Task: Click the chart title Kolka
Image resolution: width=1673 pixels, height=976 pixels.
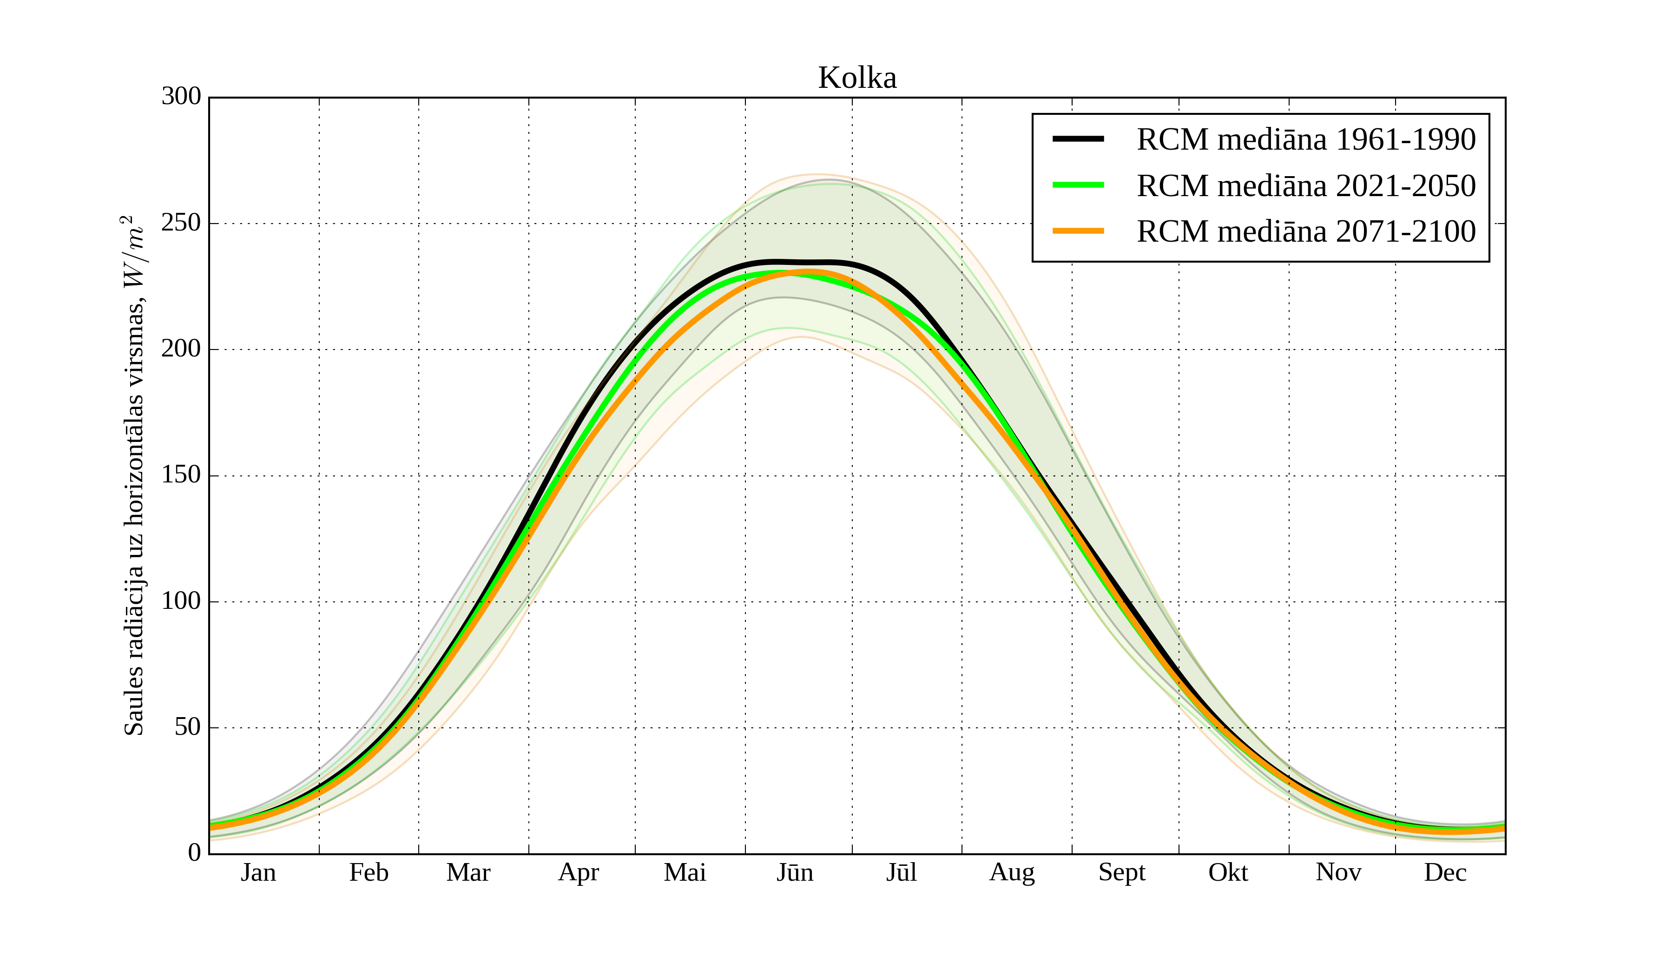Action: click(857, 79)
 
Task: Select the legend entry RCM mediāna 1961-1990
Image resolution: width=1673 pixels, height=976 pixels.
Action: click(1306, 139)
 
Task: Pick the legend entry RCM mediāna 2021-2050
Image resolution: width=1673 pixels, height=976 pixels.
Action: click(1306, 186)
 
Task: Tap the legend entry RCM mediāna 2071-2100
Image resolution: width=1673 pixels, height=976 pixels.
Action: click(1306, 232)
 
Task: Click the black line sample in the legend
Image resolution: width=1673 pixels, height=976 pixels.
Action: click(1078, 139)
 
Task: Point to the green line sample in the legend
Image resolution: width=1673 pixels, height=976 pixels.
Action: click(1078, 185)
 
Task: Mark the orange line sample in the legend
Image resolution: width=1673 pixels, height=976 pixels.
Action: click(1078, 231)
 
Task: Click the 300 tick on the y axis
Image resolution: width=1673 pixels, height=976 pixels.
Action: click(181, 97)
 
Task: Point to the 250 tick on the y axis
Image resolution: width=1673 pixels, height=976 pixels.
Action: click(181, 223)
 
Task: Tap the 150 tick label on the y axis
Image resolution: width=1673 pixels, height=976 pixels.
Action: click(181, 475)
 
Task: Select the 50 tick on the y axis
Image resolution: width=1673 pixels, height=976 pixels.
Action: click(188, 728)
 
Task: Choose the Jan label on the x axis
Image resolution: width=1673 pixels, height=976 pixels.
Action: click(258, 872)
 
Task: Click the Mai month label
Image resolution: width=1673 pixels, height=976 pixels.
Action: click(685, 872)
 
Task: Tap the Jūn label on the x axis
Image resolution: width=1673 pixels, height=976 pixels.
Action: click(795, 872)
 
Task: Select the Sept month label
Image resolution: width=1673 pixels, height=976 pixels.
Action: click(1122, 872)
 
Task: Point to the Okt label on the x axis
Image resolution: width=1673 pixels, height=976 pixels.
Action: click(1228, 872)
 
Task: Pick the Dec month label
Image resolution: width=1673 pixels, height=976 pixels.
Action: click(1445, 872)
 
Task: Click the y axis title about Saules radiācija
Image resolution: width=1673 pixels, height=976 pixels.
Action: click(134, 475)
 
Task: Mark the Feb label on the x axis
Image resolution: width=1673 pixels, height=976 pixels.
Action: click(369, 872)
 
